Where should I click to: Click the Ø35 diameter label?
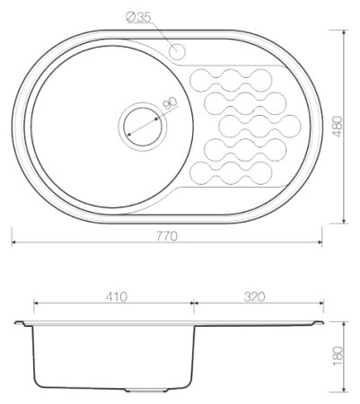[x=138, y=17]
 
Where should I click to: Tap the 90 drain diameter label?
[x=170, y=103]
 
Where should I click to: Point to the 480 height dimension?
[x=338, y=127]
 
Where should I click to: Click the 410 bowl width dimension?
[x=117, y=296]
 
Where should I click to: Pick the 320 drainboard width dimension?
[x=254, y=296]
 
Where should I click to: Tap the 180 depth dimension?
[x=338, y=356]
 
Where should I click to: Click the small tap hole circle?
[x=177, y=51]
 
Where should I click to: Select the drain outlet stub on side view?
[x=146, y=390]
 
